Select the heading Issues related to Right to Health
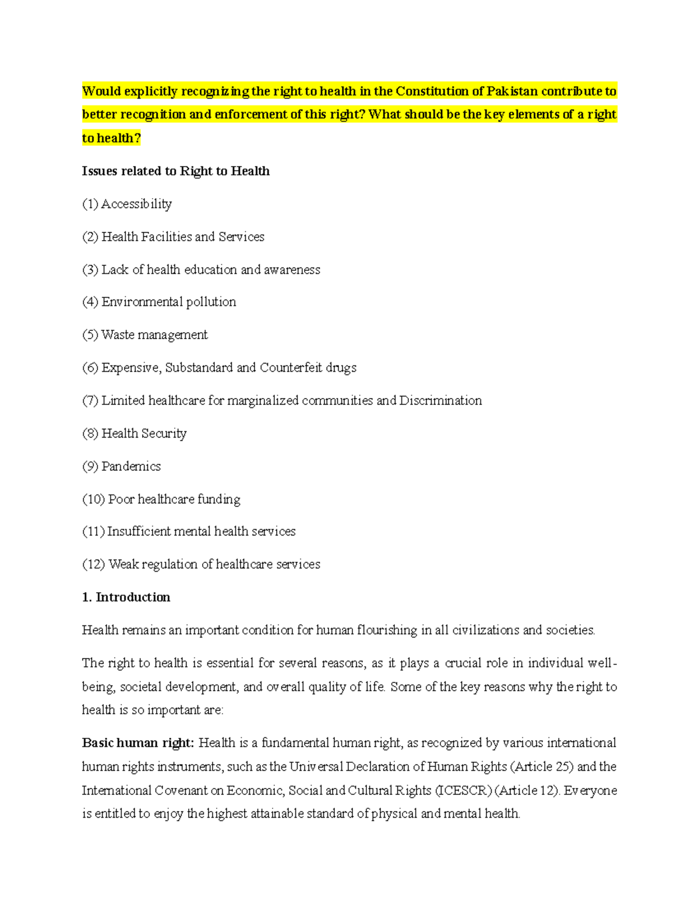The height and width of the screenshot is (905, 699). point(175,171)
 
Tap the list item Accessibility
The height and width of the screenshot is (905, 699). point(136,204)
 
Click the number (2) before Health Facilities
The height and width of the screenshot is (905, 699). point(90,237)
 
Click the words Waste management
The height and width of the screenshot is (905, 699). point(154,335)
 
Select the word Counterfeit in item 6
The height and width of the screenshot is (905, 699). point(291,368)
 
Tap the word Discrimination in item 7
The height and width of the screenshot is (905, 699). point(440,401)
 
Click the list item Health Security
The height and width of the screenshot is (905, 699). point(143,434)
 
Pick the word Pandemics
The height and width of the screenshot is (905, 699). point(131,466)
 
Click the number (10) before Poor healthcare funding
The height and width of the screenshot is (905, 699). point(93,499)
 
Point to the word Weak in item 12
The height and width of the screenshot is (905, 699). point(123,565)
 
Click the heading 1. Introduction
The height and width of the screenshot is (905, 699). point(126,597)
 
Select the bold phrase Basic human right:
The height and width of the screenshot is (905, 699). point(137,743)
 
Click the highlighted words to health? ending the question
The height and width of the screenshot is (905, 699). point(111,139)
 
